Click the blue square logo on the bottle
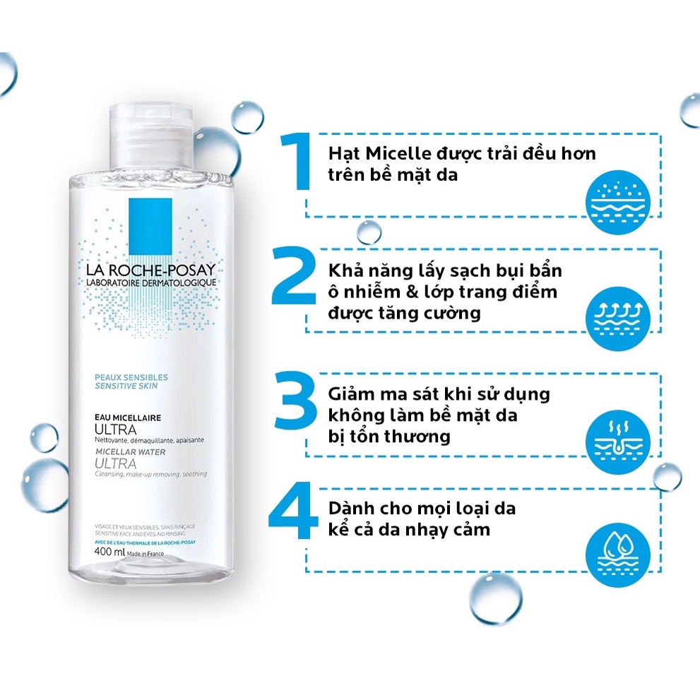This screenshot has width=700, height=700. pos(150,219)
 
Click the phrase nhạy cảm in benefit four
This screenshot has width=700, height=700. pos(452,529)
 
